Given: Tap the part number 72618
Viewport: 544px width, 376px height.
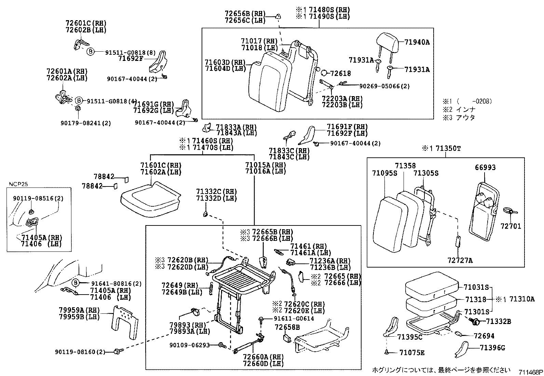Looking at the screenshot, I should (341, 73).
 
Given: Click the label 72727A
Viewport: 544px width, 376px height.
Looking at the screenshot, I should (460, 261).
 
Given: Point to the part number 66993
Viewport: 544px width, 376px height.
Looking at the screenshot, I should (485, 168).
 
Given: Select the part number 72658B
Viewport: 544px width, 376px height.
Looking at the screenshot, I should (287, 327).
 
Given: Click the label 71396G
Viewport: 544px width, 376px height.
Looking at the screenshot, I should (492, 348).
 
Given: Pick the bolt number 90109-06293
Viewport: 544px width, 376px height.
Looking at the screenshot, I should (189, 345).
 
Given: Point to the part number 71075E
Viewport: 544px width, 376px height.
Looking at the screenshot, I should (412, 352).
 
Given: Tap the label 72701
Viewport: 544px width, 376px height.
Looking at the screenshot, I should (511, 226).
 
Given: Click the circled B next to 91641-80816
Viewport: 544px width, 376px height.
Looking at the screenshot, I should (76, 283).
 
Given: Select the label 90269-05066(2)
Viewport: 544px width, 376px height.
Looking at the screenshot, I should (379, 86).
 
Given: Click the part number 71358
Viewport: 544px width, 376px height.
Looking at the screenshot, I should (405, 166).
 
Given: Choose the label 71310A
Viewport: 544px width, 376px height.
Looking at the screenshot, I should (522, 299).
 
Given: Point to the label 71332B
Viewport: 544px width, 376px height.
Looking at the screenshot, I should (499, 322).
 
